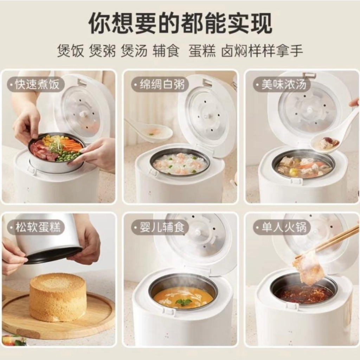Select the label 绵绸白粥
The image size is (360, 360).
point(162,84)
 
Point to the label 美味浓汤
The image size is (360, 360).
point(284,84)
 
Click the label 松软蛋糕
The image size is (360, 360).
point(38,227)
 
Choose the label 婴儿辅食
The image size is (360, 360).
point(162,227)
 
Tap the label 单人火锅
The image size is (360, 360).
point(284,227)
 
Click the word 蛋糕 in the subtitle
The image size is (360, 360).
point(202,51)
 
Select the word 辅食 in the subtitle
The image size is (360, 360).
point(166,51)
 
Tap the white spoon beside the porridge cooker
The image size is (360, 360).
point(149,130)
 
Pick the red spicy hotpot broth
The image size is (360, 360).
point(303,294)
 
